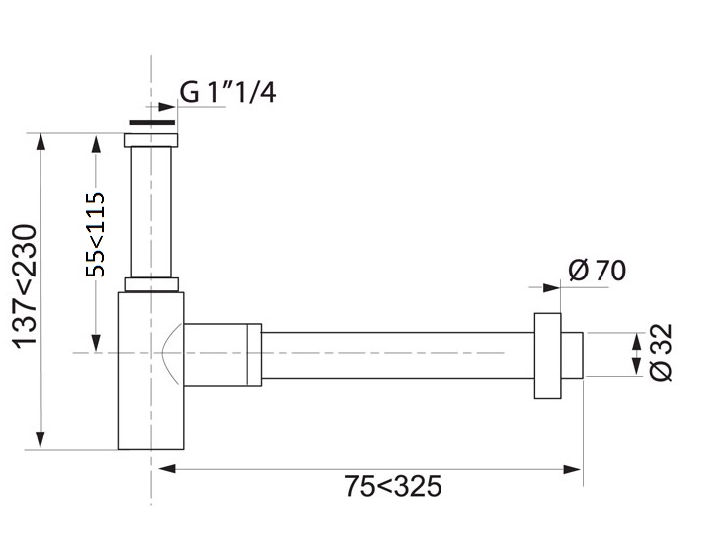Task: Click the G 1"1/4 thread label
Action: [x=227, y=93]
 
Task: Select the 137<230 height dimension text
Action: [x=27, y=286]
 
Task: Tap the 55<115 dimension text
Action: [x=96, y=234]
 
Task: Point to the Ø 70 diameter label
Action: [x=598, y=270]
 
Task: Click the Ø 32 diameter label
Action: [x=662, y=353]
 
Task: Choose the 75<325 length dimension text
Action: [x=392, y=486]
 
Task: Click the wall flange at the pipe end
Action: [x=548, y=355]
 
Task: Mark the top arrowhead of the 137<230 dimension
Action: [x=40, y=140]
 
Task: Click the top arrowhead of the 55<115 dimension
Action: [x=96, y=142]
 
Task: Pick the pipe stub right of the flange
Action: [x=572, y=355]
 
